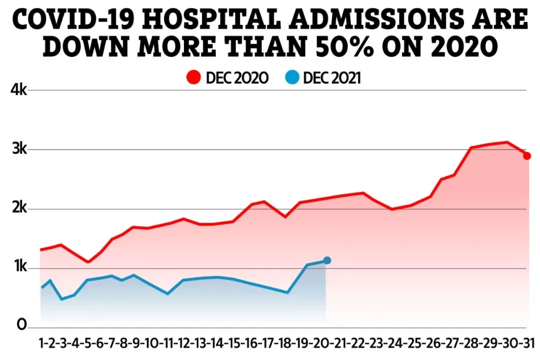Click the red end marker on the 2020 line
(526, 156)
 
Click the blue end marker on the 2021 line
(327, 260)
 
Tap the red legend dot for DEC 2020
(193, 77)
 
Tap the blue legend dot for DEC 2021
(292, 77)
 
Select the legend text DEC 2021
(332, 78)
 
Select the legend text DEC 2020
(237, 78)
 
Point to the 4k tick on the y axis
(18, 90)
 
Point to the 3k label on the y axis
(19, 149)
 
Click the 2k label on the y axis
(19, 208)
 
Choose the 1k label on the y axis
(20, 266)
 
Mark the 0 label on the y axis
(21, 325)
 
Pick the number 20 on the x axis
(323, 343)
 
